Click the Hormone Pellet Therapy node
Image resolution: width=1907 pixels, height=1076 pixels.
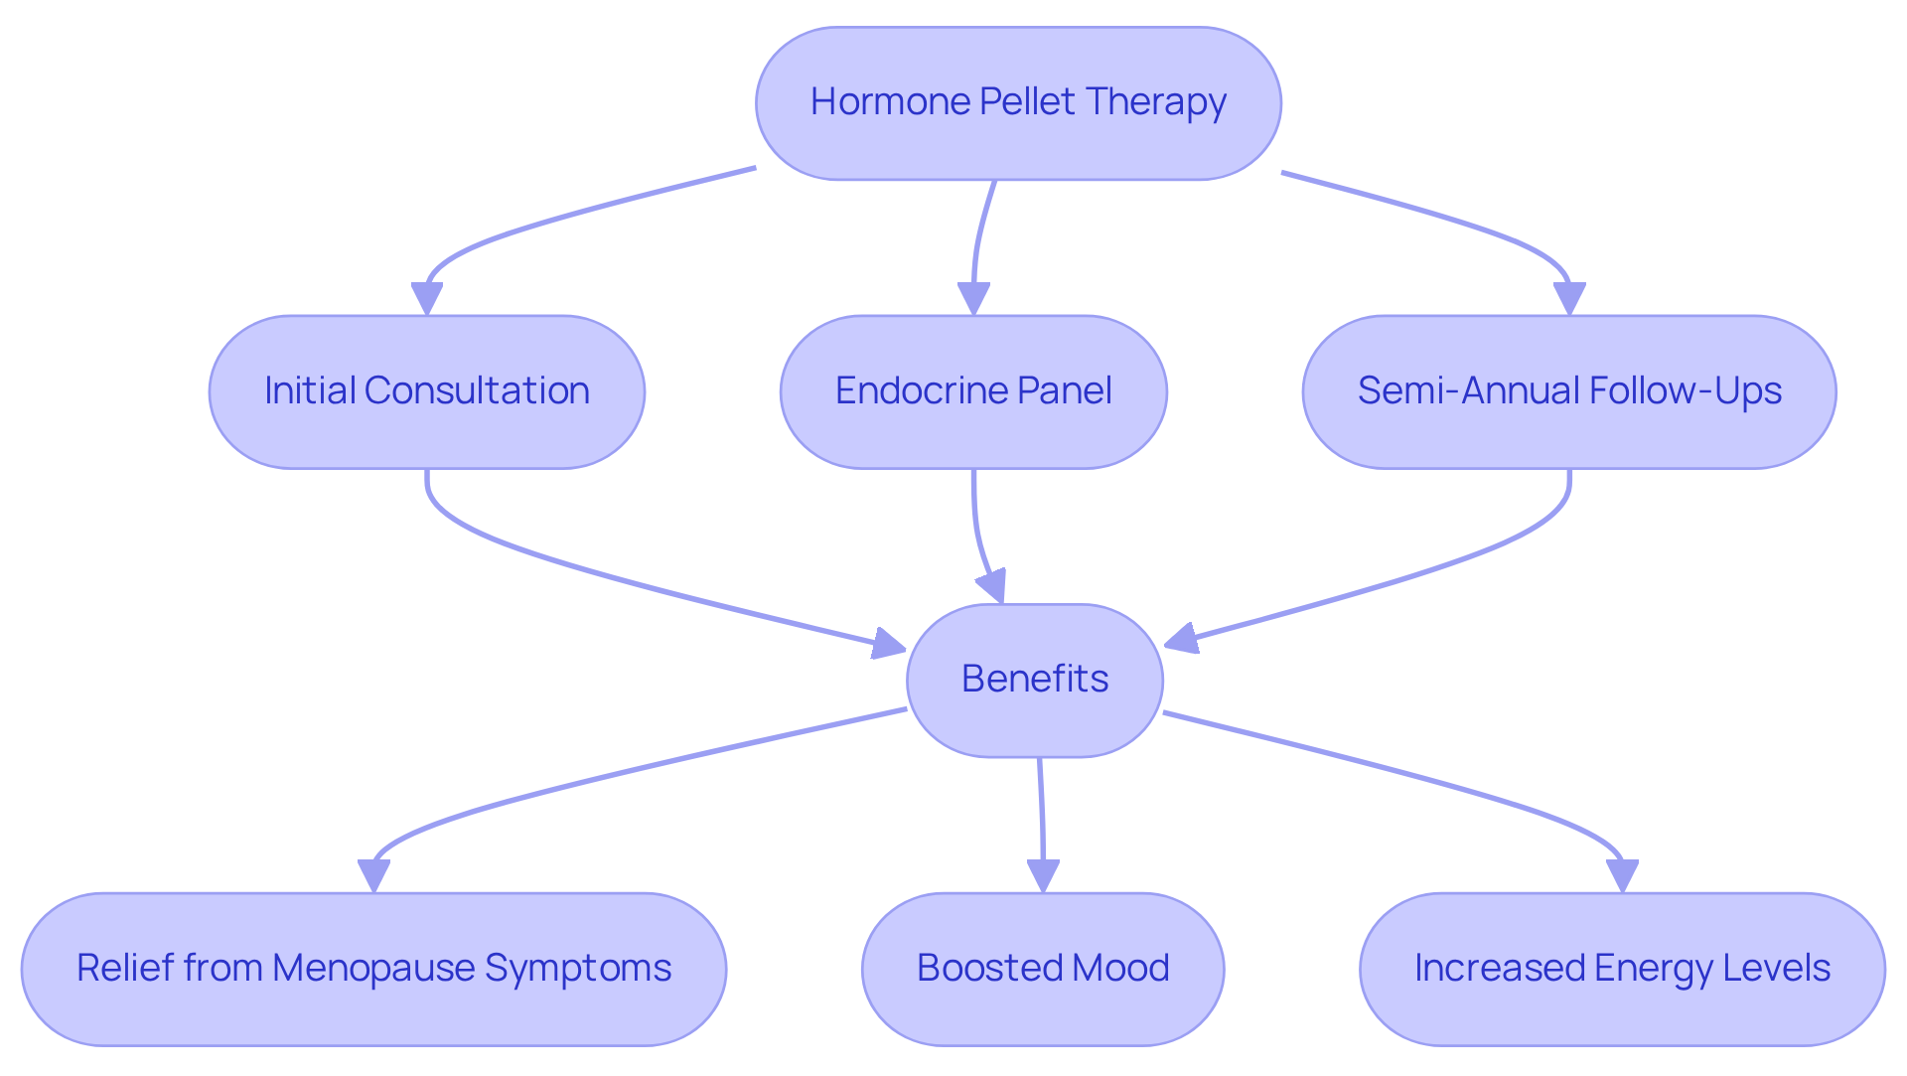pos(1018,103)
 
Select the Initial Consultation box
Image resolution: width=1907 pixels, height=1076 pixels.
pos(426,391)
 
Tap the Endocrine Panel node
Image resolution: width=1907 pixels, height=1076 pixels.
pos(973,391)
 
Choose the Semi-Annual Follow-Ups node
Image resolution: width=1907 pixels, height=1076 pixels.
pos(1569,391)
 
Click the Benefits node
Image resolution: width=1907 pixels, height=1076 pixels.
pos(1034,680)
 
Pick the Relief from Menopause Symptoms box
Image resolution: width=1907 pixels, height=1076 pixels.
pos(373,969)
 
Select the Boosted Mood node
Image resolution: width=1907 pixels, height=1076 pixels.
pos(1043,969)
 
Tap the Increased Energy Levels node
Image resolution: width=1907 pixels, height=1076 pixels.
pos(1622,969)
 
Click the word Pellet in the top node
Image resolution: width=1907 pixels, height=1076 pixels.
pos(1027,102)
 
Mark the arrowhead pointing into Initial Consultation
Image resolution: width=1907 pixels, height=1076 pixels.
pos(427,299)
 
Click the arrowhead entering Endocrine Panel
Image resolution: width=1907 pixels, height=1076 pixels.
pos(973,299)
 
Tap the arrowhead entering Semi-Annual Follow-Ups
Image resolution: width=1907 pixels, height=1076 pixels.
pos(1569,299)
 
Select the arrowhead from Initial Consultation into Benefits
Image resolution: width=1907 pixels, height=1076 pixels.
pos(888,645)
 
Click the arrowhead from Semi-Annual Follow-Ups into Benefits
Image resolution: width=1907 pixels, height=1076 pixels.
pos(1182,639)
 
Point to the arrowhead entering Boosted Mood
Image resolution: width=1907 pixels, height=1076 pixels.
pos(1043,876)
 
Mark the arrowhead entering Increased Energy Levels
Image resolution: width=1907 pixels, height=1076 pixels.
pos(1622,876)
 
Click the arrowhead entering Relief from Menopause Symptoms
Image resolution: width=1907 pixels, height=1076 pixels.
pos(373,876)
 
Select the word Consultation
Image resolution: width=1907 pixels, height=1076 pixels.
pos(477,391)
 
